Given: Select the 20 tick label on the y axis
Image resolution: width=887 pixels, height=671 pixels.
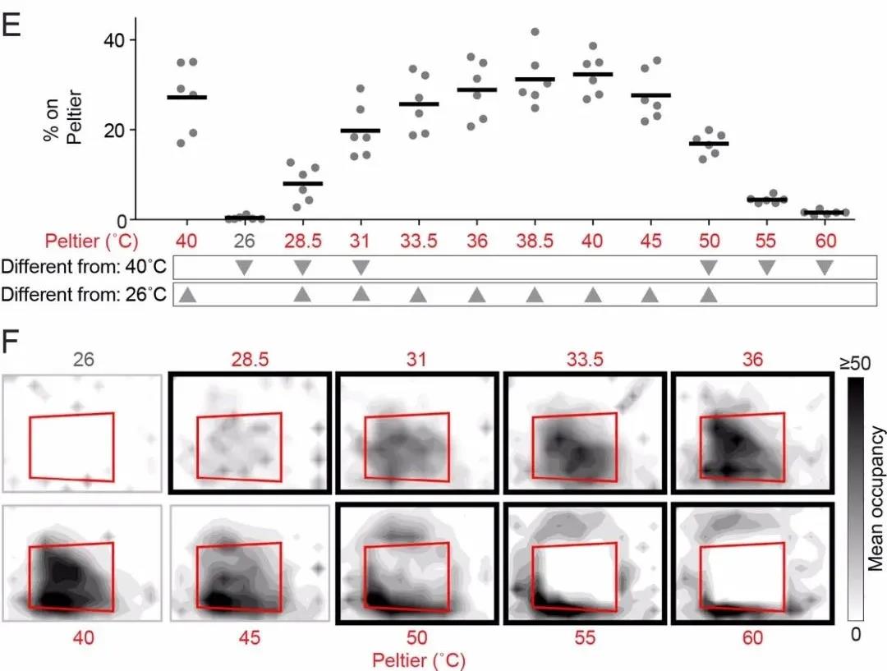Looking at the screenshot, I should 119,130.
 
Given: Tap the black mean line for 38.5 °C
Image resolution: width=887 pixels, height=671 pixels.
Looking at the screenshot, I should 535,79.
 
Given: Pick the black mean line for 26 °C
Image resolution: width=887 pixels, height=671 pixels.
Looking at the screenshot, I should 245,218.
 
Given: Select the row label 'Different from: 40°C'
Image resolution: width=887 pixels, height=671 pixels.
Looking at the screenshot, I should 85,267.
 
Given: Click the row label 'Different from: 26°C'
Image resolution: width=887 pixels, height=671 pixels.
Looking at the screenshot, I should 85,294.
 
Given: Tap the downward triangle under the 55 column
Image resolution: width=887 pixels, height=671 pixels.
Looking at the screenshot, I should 766,267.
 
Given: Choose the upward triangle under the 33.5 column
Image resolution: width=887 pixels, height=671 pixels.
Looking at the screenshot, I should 419,295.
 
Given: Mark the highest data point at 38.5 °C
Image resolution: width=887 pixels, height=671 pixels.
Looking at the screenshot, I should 535,32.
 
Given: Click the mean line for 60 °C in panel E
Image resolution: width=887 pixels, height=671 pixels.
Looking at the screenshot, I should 824,213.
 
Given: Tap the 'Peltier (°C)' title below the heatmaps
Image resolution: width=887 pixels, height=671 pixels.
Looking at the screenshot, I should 420,660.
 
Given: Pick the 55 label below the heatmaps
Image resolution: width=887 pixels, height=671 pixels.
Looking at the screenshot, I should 587,637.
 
